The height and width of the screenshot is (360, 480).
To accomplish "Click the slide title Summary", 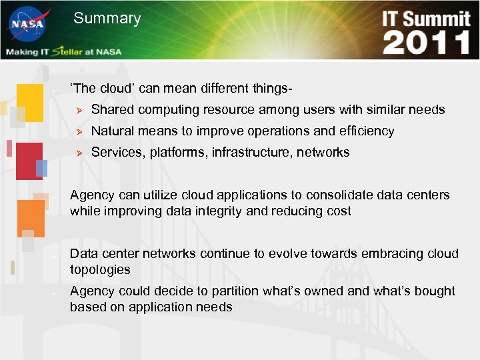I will coord(107,19).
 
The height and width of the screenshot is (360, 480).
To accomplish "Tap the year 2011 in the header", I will coord(427,43).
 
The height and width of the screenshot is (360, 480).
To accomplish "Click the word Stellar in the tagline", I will coord(71,51).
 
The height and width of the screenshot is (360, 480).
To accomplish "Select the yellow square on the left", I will coord(30,103).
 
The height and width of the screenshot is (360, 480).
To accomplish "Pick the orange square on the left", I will coord(31,219).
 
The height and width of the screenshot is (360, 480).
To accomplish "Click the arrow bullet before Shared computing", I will coord(77,110).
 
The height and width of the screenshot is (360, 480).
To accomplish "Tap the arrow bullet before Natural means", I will coord(77,131).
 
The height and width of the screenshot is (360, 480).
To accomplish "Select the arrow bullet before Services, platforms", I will coord(77,153).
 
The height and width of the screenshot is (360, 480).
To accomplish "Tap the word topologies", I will coord(100,270).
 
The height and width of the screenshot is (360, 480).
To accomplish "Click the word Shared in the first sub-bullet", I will coord(112,110).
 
